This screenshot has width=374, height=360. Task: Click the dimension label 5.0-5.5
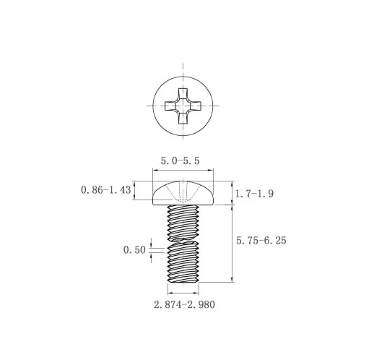pos(180,160)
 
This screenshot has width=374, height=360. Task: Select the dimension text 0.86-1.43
pos(106,190)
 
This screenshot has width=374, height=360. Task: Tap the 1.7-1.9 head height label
pos(254,194)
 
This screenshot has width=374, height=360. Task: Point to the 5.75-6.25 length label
pos(261,241)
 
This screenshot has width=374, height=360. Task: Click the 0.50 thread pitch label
pos(134,250)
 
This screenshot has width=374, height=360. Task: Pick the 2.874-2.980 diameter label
pos(184,304)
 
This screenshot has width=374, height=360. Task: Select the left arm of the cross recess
pos(170,106)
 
